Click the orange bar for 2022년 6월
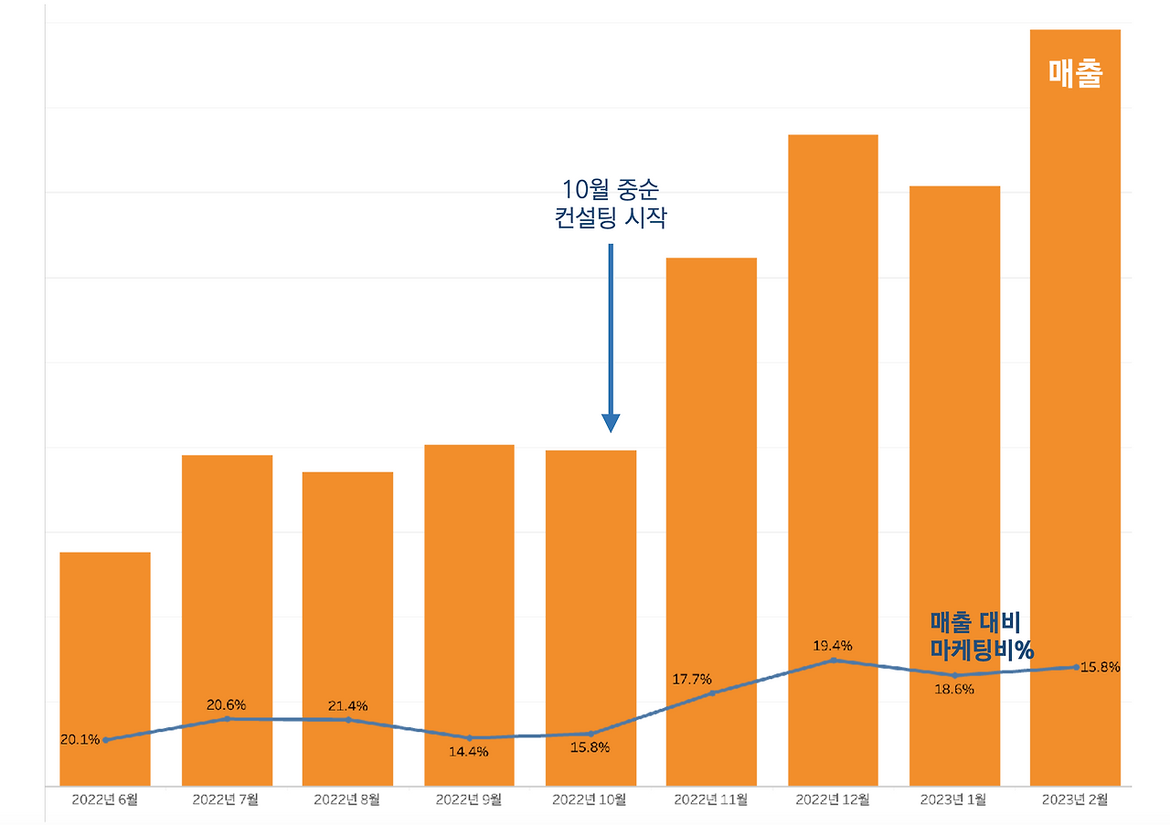point(105,640)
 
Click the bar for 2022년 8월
point(347,594)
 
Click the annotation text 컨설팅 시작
point(611,219)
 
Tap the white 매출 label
point(1075,73)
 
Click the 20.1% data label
point(80,740)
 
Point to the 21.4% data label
point(347,705)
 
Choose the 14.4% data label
point(469,752)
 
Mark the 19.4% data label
point(833,646)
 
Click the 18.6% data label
point(954,690)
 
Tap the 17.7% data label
point(692,679)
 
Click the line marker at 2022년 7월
point(227,719)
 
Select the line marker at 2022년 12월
point(833,660)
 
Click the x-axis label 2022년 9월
point(469,800)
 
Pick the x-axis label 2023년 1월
point(954,800)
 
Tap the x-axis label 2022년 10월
point(590,800)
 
